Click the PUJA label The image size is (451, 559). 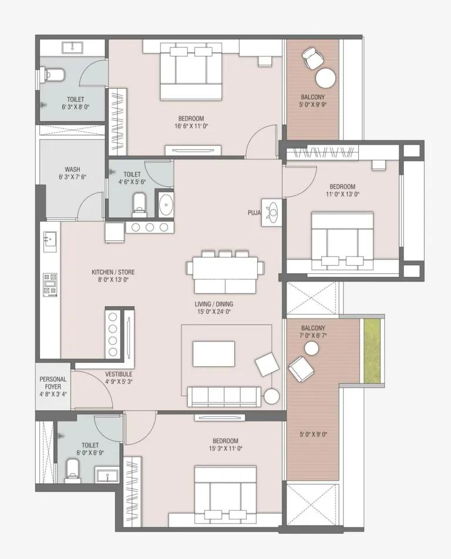point(254,213)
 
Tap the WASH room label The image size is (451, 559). point(72,169)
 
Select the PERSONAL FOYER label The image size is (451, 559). point(53,383)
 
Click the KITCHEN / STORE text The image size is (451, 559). point(113,272)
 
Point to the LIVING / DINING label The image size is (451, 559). point(214,304)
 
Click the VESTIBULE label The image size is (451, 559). point(119,374)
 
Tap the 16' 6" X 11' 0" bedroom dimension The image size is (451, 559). point(191,126)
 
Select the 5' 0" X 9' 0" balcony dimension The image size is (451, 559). point(313,434)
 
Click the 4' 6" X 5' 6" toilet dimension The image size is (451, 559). point(132,182)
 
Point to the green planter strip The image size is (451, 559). point(372,352)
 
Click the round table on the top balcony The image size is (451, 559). point(326,78)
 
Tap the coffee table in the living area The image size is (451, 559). point(214,354)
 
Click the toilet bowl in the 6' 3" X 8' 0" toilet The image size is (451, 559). point(53,75)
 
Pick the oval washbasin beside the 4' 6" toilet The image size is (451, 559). point(165,205)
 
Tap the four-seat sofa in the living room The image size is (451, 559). point(224,396)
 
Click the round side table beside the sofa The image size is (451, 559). point(272,396)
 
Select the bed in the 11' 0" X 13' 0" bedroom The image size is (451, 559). point(342,241)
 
